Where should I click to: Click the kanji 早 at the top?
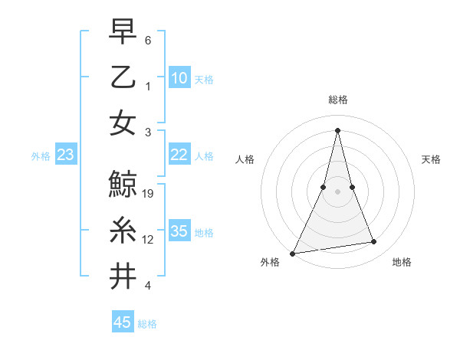tap(123, 33)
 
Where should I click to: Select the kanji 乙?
tap(123, 77)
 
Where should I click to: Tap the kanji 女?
tap(123, 123)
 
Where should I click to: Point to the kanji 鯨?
tap(123, 184)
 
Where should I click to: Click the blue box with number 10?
tap(179, 78)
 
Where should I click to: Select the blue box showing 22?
tap(179, 155)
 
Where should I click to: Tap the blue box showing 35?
tap(179, 231)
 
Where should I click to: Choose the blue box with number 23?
tap(65, 155)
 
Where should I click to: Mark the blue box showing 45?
tap(123, 322)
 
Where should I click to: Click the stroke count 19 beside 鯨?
tap(149, 194)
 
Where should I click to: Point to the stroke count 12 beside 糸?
tap(149, 240)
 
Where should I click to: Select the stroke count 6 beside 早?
tap(147, 40)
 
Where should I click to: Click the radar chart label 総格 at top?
tap(338, 100)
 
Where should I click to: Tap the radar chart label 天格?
tap(431, 159)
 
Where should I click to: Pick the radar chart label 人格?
tap(245, 159)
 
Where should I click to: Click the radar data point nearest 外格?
tap(293, 253)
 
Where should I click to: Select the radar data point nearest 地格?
tap(374, 242)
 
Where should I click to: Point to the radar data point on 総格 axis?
tap(338, 129)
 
